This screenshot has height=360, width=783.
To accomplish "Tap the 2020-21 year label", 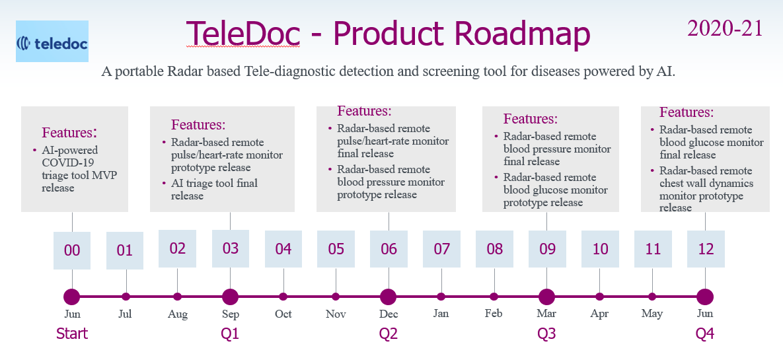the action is pos(725,28).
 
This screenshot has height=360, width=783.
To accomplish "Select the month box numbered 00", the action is pos(72,250).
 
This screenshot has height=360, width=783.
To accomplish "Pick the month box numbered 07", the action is pos(441,249).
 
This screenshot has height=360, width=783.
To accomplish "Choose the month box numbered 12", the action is pos(706,249).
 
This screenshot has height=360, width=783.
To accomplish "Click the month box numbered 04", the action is pos(283,249).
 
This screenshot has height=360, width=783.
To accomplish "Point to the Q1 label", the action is pos(230,334).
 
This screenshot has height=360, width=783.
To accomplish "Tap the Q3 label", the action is pos(546,334).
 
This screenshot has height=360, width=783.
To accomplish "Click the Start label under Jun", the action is pos(72,334).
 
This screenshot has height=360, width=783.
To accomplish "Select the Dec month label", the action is pos(389,314).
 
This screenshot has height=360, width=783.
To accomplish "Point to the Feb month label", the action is pos(494,314).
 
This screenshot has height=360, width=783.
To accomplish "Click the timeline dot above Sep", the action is pos(230,297).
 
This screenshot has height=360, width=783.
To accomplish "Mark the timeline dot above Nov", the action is pos(336,297).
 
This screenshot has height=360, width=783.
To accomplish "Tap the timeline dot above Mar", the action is pos(546,297).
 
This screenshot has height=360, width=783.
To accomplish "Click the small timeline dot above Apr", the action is pos(599,297).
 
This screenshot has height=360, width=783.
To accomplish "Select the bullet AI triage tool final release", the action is pos(214,190).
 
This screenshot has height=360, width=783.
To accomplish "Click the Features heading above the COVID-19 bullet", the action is pos(69,133).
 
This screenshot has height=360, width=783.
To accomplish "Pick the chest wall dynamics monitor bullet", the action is pos(706,189).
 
